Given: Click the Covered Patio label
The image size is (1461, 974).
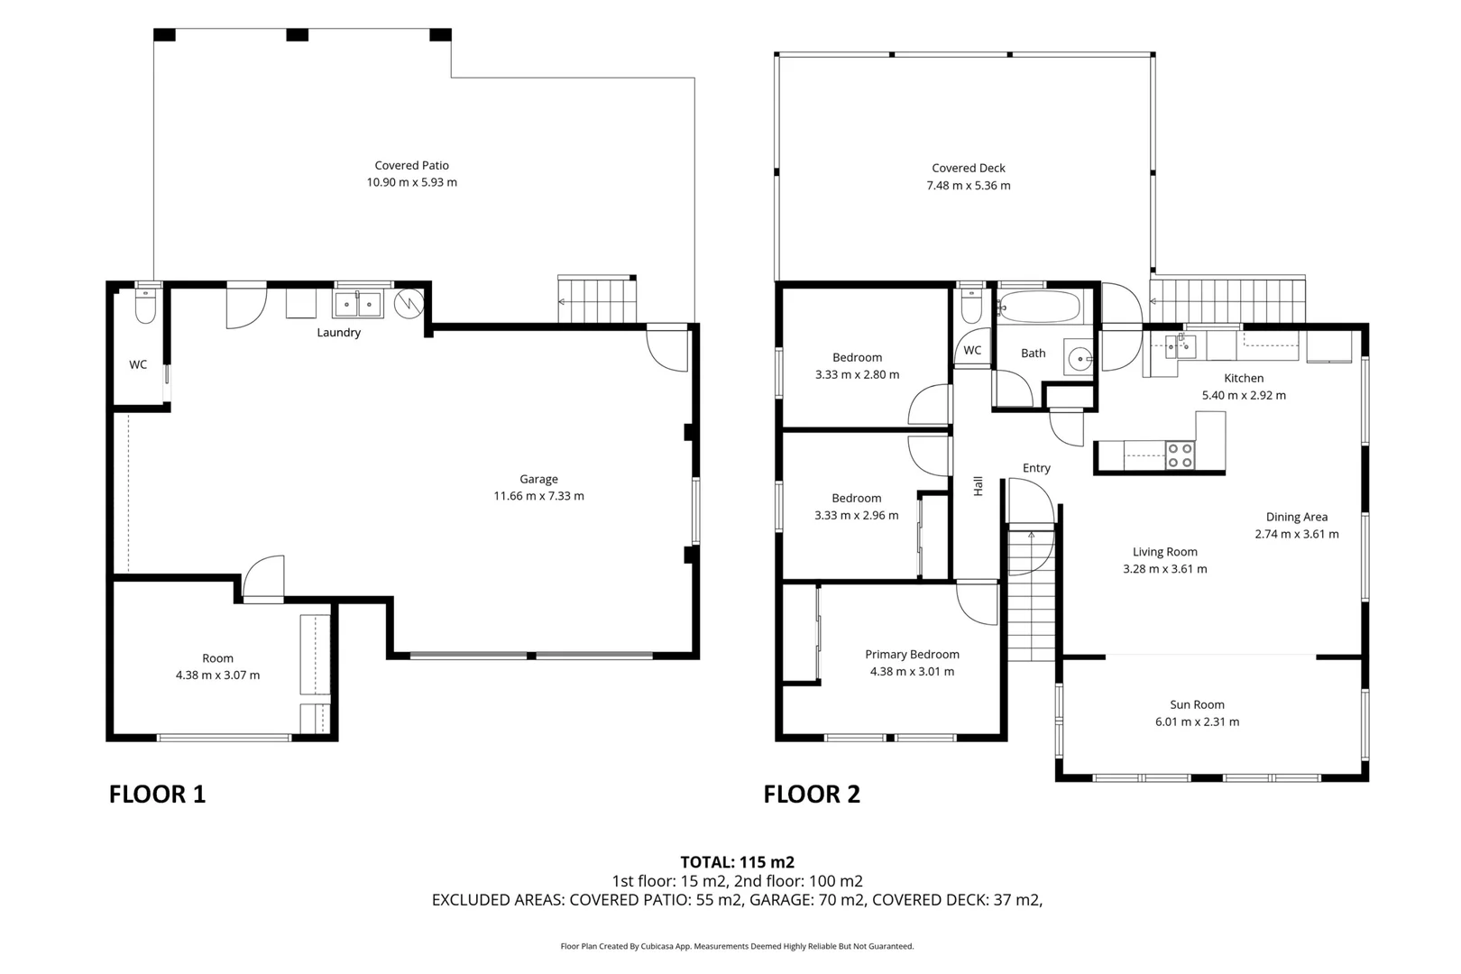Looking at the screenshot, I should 411,165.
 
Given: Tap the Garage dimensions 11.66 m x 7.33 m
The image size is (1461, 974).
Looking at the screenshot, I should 538,496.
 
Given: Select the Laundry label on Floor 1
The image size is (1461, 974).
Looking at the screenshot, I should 338,333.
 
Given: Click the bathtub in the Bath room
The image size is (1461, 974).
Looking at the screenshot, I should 1039,307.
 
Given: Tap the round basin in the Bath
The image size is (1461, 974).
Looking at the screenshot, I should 1079,359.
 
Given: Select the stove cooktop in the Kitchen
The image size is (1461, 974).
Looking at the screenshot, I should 1180,455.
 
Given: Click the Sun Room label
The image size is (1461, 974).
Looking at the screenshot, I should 1197,705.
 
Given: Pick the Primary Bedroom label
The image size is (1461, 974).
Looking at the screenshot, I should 912,655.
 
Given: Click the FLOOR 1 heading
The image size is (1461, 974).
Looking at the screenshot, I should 157,795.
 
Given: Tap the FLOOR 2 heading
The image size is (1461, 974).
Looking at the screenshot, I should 812,795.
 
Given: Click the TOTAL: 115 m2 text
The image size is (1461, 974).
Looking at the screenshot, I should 737,862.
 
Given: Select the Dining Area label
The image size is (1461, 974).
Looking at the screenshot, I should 1296,517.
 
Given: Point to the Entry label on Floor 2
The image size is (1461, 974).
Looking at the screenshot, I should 1036,468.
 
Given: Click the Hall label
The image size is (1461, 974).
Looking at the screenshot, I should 978,486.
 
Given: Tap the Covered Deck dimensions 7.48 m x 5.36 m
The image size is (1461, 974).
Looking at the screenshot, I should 968,186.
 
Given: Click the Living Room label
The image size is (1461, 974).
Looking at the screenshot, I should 1164,552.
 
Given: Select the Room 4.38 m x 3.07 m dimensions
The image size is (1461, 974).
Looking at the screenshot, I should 217,675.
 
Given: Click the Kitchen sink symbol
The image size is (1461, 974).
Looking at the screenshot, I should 1179,345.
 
